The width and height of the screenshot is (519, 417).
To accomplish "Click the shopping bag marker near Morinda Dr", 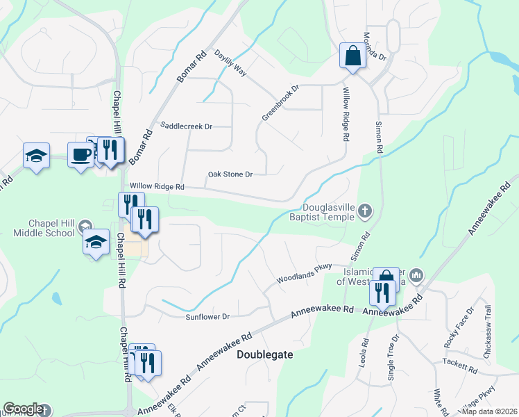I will [352, 56].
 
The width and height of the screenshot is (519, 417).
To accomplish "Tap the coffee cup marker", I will [80, 155].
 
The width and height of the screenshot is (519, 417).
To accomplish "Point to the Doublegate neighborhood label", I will [265, 354].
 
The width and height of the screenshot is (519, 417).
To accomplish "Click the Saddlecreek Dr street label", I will [186, 126].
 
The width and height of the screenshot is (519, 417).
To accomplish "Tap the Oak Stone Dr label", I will [230, 174].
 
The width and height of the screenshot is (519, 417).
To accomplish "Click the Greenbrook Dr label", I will [280, 104].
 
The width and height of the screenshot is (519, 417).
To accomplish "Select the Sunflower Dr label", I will [207, 317].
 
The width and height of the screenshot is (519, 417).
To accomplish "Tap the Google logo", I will [23, 409].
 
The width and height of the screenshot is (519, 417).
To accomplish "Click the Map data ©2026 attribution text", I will [489, 411].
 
